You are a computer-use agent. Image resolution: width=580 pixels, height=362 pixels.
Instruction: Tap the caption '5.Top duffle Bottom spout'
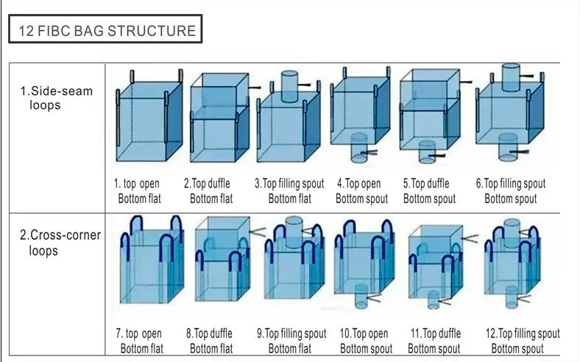coord(429,191)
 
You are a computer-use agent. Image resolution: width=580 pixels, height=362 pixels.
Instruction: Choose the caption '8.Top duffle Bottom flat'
coord(211,341)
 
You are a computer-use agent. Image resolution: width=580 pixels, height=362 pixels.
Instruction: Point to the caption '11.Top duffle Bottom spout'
coord(434,341)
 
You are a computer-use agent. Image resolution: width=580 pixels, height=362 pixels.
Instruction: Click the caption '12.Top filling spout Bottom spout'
coord(522,341)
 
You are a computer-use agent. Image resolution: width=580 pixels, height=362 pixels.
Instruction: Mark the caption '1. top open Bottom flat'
coord(138,191)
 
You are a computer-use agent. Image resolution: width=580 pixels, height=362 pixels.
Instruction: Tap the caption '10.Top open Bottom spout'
coord(364,341)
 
